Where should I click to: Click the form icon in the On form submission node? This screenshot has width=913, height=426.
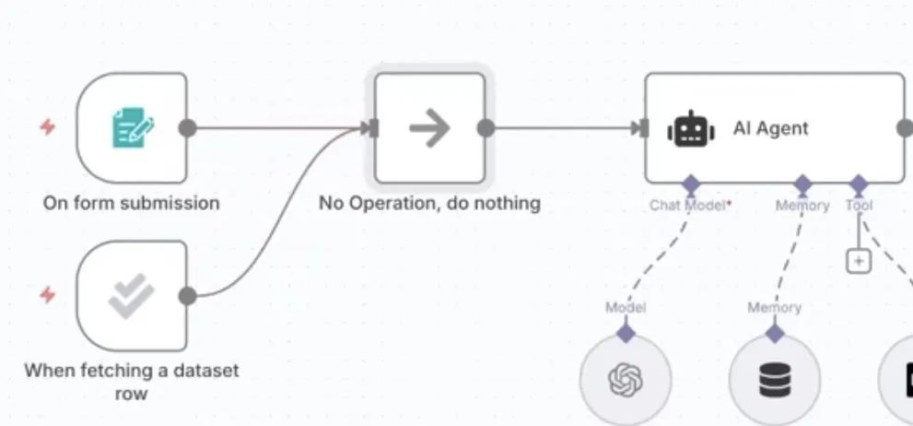tap(133, 128)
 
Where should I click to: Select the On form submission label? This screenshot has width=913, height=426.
tap(131, 203)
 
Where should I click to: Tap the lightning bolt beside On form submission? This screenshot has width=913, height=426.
tap(48, 127)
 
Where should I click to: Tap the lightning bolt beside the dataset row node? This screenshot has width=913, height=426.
tap(48, 295)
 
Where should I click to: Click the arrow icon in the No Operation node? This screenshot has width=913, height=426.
tap(428, 128)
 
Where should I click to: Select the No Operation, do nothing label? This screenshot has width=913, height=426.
tap(429, 203)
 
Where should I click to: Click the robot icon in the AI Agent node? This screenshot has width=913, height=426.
tap(691, 129)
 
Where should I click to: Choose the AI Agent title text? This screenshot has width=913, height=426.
tap(770, 128)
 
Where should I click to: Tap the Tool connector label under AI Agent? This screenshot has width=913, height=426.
tap(859, 206)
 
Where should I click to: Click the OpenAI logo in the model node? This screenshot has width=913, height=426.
tap(626, 378)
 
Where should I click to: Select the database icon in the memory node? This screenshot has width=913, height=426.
tap(775, 379)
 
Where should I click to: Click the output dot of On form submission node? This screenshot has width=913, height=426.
tap(187, 128)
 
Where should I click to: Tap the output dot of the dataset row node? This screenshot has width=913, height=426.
tap(187, 296)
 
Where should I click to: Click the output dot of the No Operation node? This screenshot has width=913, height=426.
tap(486, 128)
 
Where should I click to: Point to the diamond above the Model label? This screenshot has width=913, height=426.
tap(626, 331)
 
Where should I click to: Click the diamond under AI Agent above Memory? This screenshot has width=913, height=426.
tap(802, 183)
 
